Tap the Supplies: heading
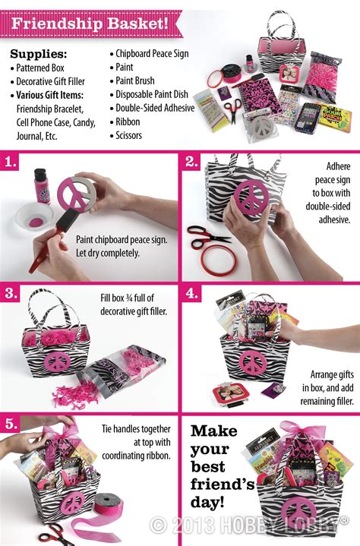click(x=39, y=55)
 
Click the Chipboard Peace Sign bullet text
click(x=153, y=54)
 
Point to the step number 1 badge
click(x=10, y=162)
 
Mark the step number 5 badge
click(x=10, y=423)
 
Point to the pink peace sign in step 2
click(x=247, y=204)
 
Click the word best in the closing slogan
click(x=209, y=469)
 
